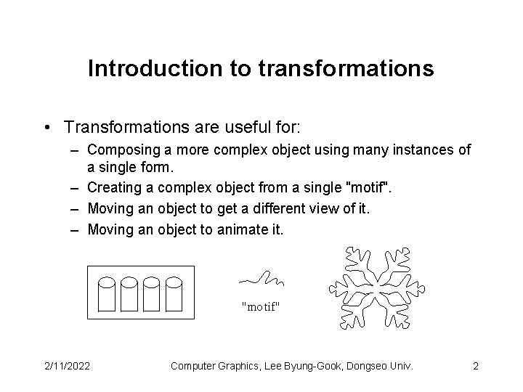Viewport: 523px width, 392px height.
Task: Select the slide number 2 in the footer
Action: point(475,367)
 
